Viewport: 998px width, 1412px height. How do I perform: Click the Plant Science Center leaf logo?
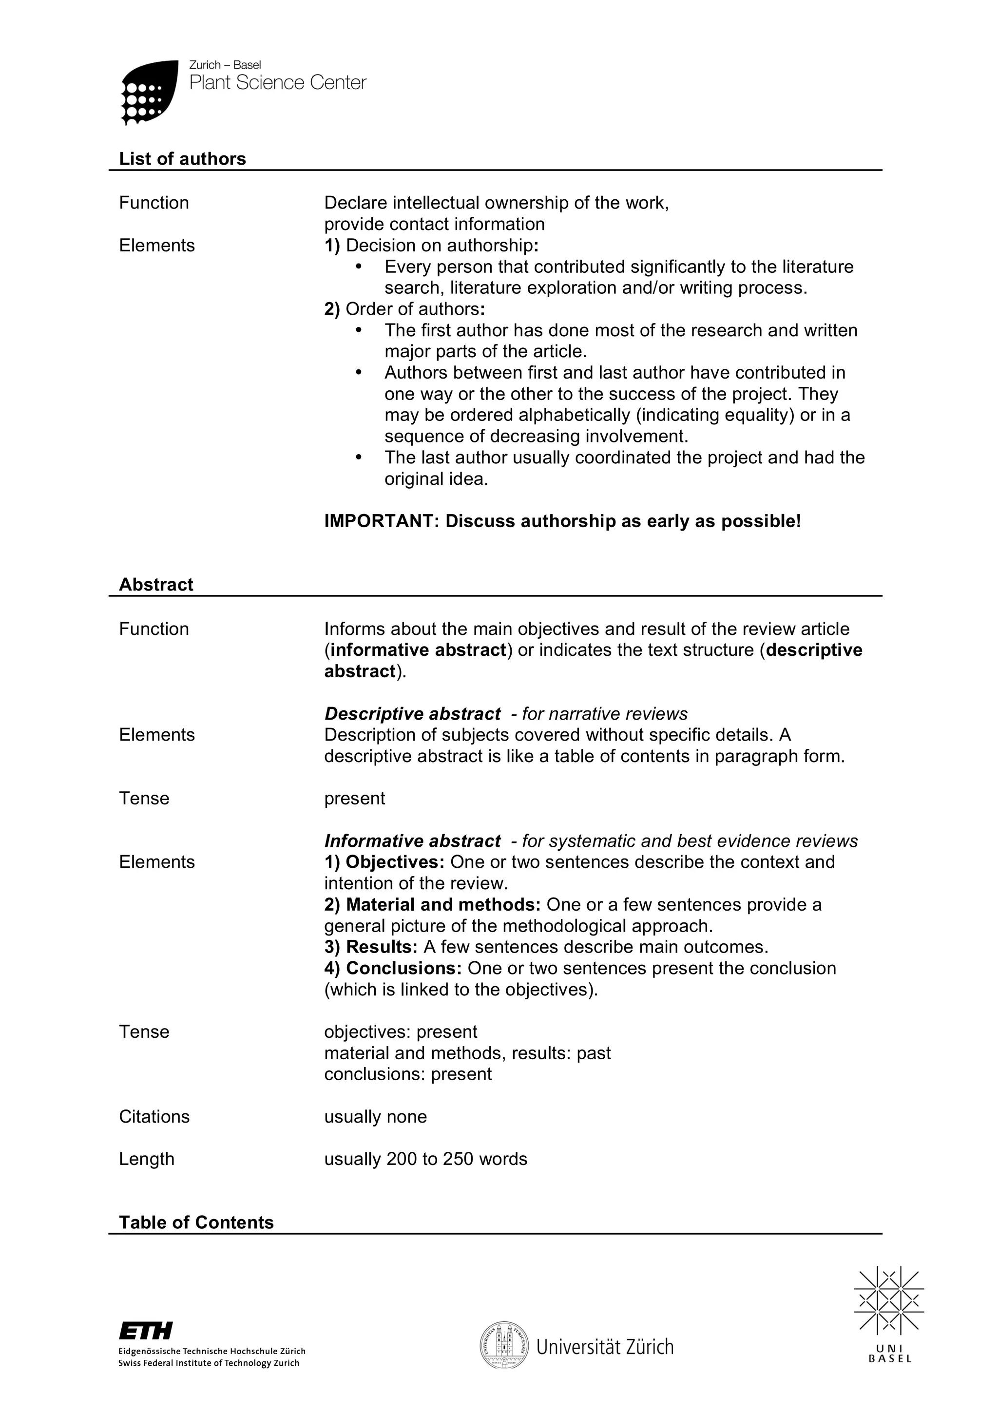(150, 92)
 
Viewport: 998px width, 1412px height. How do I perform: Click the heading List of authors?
(182, 159)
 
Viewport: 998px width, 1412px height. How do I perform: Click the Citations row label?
(154, 1116)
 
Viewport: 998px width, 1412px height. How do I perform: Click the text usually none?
(375, 1116)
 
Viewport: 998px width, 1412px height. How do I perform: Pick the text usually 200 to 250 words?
(425, 1159)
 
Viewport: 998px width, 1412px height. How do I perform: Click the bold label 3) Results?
(371, 947)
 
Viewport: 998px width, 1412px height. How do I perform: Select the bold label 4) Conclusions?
(393, 968)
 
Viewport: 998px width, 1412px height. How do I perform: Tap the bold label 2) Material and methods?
(432, 905)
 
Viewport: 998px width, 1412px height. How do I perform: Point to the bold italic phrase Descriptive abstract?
(412, 713)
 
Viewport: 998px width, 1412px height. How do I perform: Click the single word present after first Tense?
(354, 798)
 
